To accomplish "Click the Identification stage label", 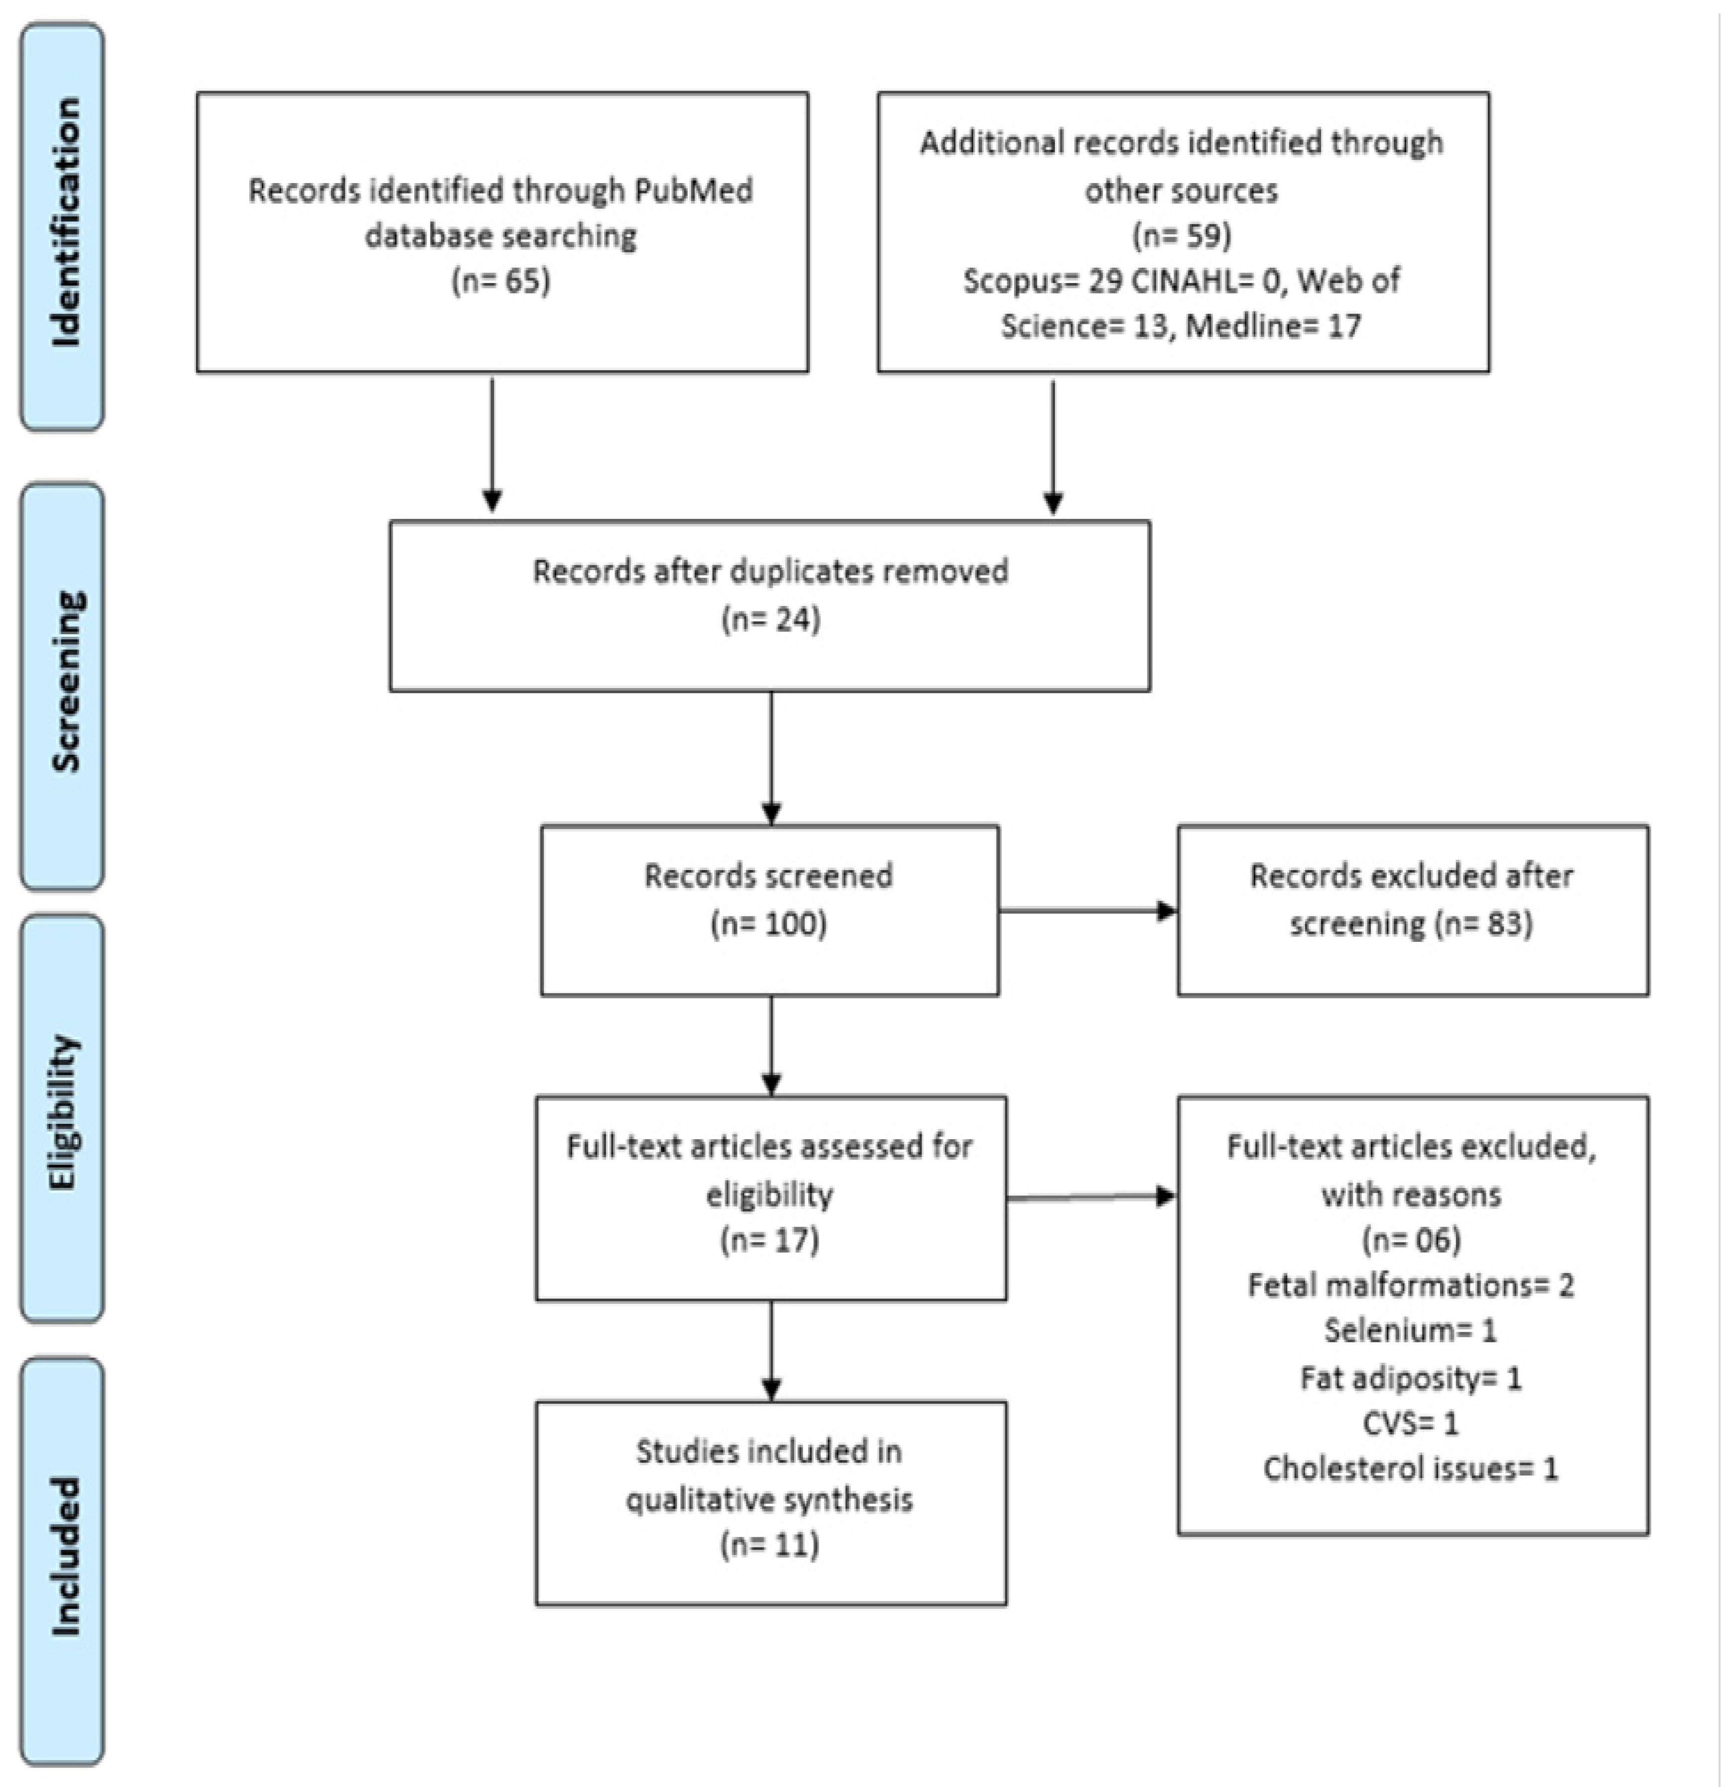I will click(x=64, y=223).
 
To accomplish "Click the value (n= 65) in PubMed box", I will click(x=502, y=280).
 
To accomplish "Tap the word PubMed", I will click(x=706, y=191).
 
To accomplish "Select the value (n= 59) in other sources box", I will click(x=1182, y=235).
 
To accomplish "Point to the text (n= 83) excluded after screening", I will click(x=1484, y=923).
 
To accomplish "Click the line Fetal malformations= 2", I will click(x=1411, y=1286).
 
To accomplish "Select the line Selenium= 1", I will click(x=1411, y=1331).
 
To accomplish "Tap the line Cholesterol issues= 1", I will click(x=1411, y=1469).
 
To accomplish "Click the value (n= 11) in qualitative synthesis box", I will click(x=771, y=1545).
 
